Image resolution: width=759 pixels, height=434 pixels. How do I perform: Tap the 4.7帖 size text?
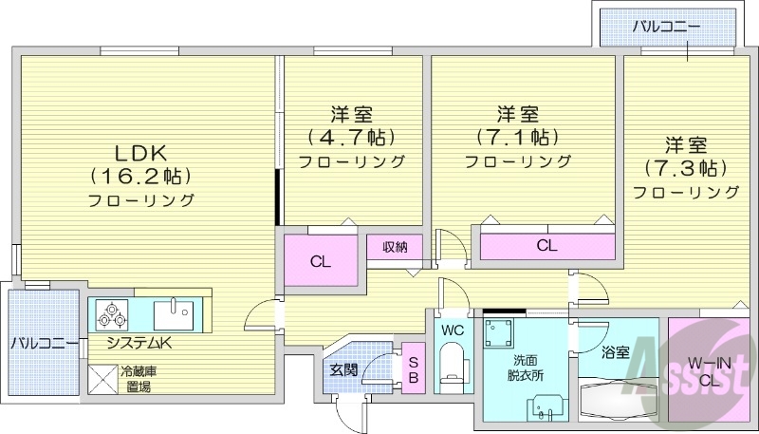350,137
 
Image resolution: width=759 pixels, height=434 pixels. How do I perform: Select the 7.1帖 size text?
517,137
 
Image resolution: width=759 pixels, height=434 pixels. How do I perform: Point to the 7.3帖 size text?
685,168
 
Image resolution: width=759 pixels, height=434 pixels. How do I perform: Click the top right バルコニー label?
667,26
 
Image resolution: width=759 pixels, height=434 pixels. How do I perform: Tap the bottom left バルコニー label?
45,343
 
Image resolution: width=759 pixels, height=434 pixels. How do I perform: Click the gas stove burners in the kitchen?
112,312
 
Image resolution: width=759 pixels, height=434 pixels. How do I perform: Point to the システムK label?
139,343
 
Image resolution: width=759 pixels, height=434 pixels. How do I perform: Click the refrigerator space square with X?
101,380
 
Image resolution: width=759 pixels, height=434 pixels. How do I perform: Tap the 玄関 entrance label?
343,369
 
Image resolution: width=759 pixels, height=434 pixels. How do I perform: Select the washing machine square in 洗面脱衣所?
499,335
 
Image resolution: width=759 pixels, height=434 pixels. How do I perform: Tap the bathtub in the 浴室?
615,400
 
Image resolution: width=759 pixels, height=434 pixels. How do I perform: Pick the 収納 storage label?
396,247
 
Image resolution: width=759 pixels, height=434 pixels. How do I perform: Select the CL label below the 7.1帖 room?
546,245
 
